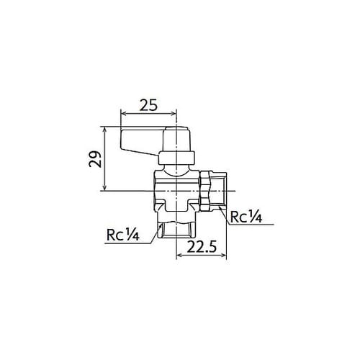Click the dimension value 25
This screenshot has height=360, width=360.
coord(148,105)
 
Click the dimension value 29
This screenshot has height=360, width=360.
coord(94,159)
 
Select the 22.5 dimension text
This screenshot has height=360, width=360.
coord(202,246)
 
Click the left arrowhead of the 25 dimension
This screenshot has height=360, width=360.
coord(122,114)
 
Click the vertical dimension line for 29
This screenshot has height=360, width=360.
coord(104,158)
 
